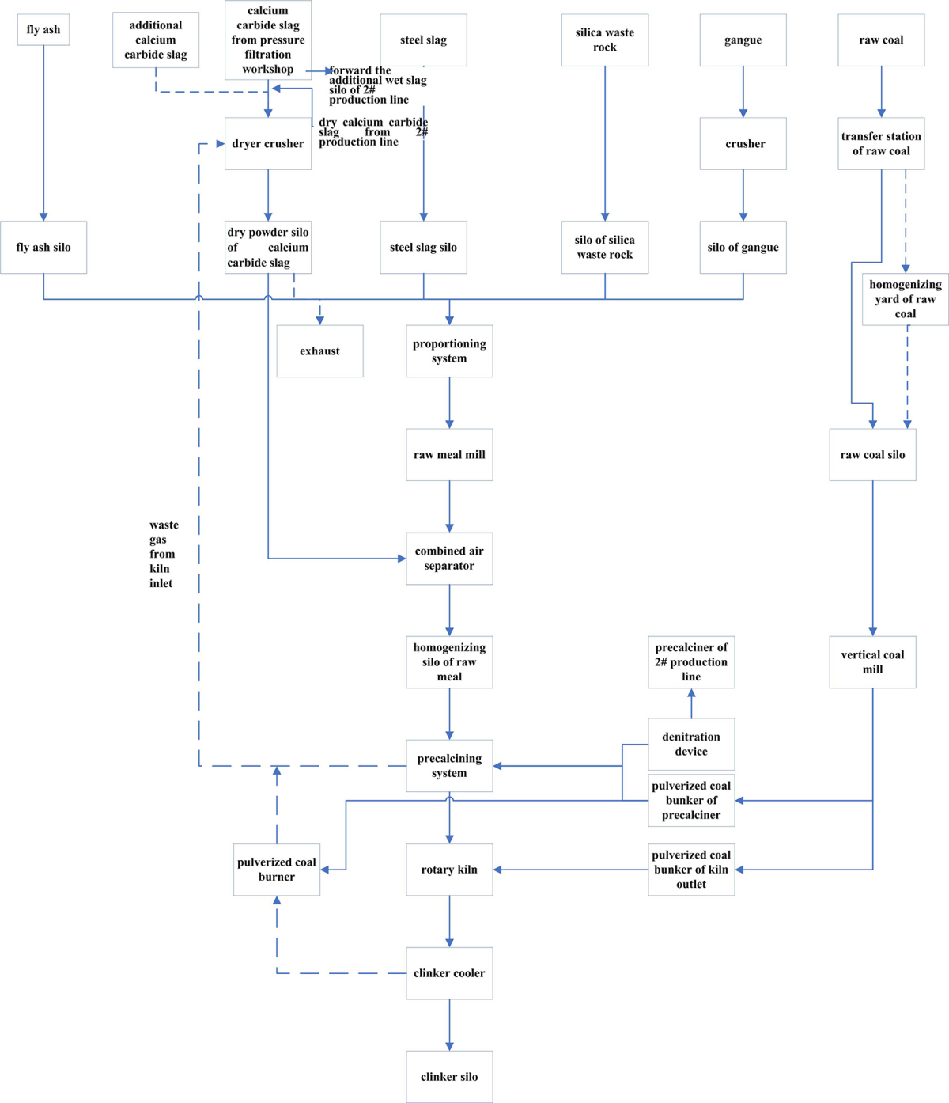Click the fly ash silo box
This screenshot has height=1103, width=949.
[x=43, y=248]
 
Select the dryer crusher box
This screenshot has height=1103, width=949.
[x=268, y=144]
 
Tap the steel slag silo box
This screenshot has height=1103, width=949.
[x=423, y=248]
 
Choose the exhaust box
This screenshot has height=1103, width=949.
[x=319, y=351]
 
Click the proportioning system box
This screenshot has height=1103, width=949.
[x=449, y=351]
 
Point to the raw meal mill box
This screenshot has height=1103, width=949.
[x=449, y=455]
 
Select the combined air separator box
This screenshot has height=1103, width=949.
[x=449, y=559]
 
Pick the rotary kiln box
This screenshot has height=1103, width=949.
[x=449, y=870]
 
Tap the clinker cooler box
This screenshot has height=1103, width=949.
[x=449, y=973]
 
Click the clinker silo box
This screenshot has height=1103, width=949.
[x=449, y=1077]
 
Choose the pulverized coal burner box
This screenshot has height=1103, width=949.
[x=277, y=870]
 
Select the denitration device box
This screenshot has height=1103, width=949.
[x=691, y=745]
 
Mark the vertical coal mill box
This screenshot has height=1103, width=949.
[x=873, y=662]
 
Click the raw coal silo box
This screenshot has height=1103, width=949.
[x=873, y=455]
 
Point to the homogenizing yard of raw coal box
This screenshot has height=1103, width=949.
[x=906, y=299]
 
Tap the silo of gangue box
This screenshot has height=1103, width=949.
[x=743, y=248]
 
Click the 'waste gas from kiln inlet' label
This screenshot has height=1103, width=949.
[x=163, y=554]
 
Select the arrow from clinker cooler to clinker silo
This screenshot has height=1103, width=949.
[x=449, y=1025]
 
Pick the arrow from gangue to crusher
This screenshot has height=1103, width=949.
[x=743, y=92]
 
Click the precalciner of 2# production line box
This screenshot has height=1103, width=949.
[x=691, y=662]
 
